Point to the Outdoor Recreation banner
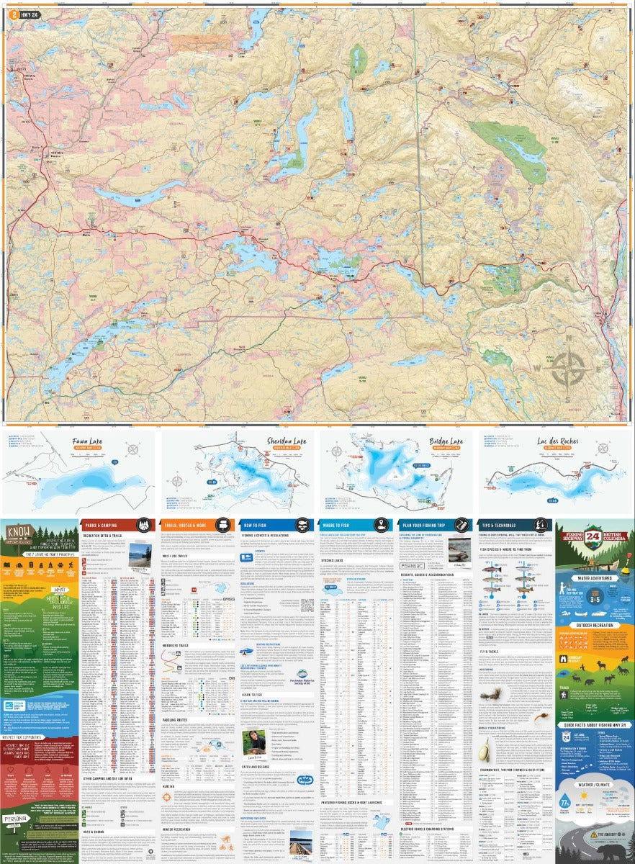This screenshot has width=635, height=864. pos(593,625)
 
